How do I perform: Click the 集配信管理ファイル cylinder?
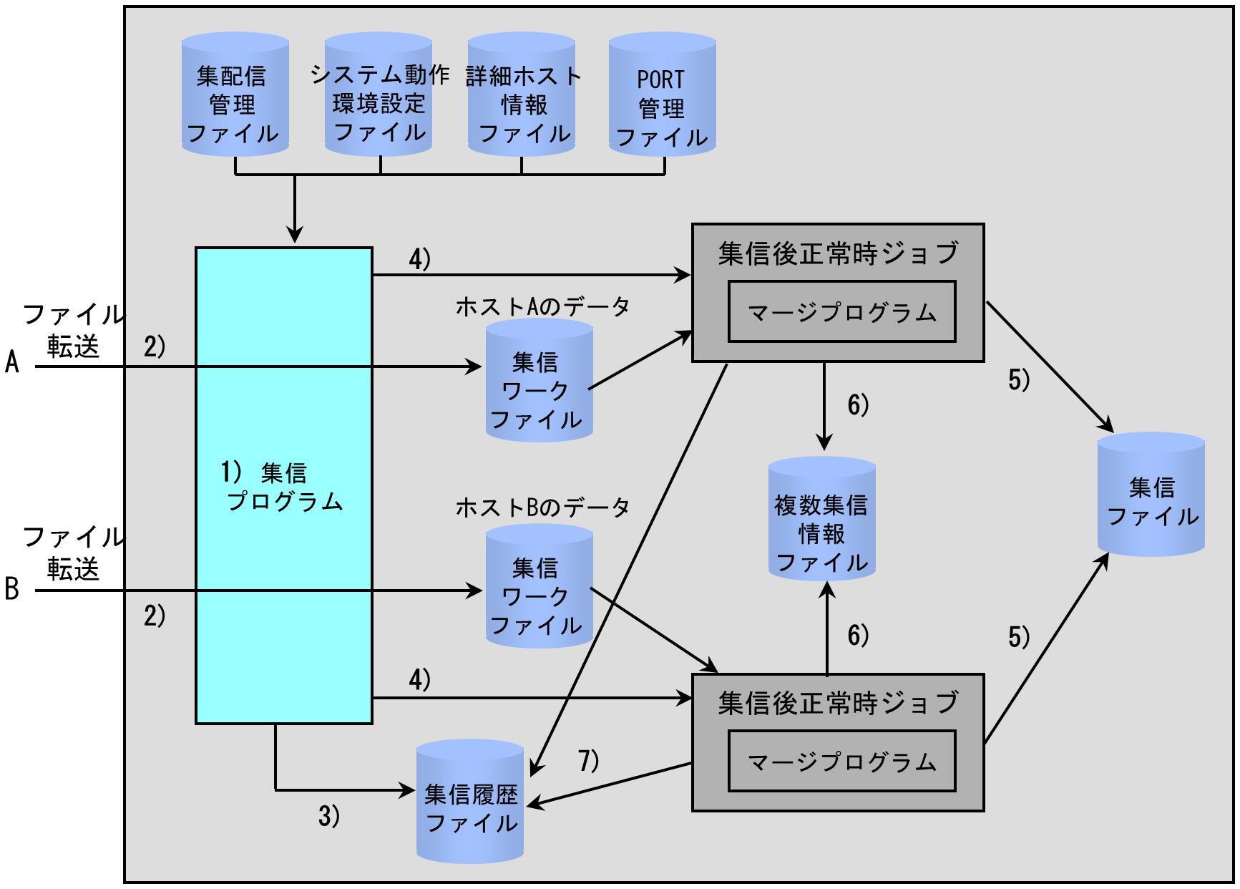click(235, 95)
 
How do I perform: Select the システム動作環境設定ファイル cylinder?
click(379, 95)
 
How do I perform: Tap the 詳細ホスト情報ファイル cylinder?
click(522, 95)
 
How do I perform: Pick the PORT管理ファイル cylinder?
click(663, 95)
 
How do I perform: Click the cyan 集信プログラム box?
click(284, 485)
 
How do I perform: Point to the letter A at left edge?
click(12, 363)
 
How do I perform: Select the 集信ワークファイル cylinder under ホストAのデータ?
click(540, 379)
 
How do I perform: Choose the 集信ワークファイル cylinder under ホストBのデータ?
click(540, 587)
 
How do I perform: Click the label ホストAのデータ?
click(542, 306)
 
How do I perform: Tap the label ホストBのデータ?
click(542, 507)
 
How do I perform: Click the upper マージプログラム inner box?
click(841, 311)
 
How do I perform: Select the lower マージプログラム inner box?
click(841, 761)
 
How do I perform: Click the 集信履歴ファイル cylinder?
click(471, 801)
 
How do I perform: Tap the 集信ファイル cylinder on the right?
click(1151, 494)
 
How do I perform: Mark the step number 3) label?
click(328, 817)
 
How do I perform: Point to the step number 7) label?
click(588, 761)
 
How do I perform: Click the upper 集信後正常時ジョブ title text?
click(838, 253)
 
